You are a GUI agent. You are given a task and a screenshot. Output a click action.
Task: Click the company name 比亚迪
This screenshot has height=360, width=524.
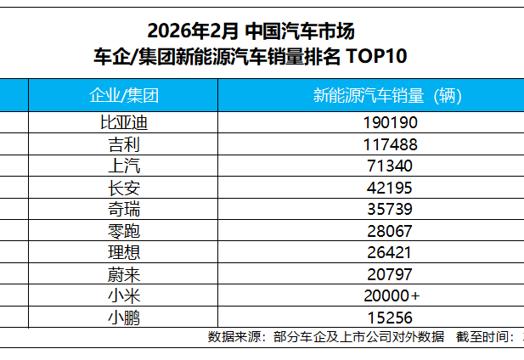click(x=124, y=122)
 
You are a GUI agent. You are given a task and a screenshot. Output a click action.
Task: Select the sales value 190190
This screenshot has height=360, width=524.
click(x=386, y=122)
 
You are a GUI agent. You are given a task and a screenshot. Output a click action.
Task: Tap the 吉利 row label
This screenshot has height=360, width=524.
click(x=124, y=144)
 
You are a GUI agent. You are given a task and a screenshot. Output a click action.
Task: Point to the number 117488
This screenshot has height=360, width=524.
click(x=386, y=144)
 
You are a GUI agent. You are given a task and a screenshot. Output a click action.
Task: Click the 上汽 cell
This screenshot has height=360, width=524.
click(x=124, y=166)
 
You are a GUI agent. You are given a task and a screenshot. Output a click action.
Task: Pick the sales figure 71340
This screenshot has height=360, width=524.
click(x=386, y=166)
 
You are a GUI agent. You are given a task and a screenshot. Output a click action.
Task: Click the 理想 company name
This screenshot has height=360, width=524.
click(x=124, y=252)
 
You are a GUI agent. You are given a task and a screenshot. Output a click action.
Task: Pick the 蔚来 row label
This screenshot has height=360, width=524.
click(x=124, y=273)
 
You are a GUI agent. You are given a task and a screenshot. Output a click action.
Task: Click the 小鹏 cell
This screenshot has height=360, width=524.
click(x=124, y=317)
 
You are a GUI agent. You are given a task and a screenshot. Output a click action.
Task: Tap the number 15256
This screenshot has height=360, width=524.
click(x=386, y=317)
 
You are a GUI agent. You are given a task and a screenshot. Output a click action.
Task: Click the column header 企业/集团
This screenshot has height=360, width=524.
click(x=124, y=94)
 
